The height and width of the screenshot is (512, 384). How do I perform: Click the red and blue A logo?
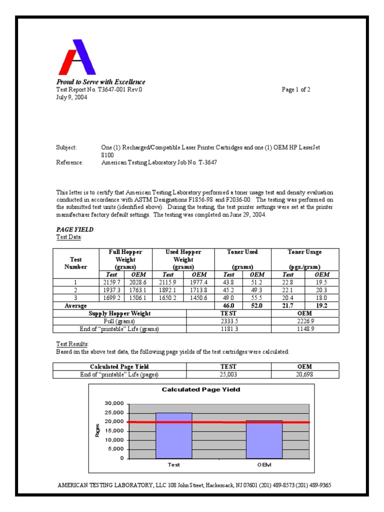coord(77,57)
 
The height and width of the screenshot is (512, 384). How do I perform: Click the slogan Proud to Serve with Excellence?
coord(100,82)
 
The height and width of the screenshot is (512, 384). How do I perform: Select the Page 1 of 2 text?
coord(296,90)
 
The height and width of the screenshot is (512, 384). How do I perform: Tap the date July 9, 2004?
coord(71,97)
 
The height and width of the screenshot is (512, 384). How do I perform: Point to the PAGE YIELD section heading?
coord(74,229)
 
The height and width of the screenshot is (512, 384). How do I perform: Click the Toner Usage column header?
coord(304,252)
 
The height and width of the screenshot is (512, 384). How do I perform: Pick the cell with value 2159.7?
coord(111,282)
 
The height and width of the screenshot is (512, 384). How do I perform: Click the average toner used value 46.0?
coord(228,305)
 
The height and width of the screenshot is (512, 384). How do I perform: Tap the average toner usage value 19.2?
coord(321,305)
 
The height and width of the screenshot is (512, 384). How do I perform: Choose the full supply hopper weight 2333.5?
coord(228,321)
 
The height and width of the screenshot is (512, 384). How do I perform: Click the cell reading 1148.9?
coord(304,329)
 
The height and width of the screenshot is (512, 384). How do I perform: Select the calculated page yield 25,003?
coord(228,374)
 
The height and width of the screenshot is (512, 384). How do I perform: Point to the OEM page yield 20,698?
coord(304,374)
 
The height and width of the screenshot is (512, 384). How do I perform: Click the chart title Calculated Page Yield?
coord(201,389)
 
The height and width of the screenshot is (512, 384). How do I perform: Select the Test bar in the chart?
coord(173,435)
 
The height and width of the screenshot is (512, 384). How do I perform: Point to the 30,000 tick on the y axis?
coord(113,403)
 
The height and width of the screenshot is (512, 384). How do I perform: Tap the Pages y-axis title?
coord(97,430)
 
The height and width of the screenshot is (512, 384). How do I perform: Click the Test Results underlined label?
coord(72,344)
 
